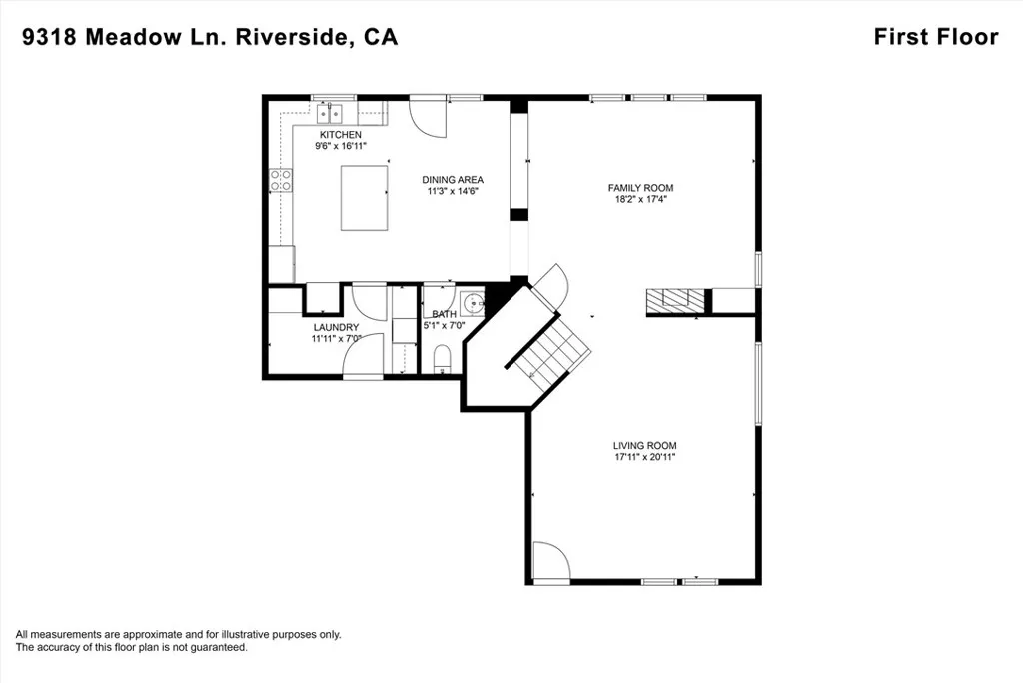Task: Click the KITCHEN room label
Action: coord(340,135)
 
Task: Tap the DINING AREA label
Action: coord(453,180)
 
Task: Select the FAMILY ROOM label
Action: coord(640,188)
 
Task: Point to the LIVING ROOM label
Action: coord(644,446)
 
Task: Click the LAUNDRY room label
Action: coord(336,327)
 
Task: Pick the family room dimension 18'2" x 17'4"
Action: coord(640,199)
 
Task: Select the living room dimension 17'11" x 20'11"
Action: coord(644,457)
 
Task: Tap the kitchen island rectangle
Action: coord(364,198)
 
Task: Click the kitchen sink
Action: coord(330,114)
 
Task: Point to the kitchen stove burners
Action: coord(281,180)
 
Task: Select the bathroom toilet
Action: coord(443,359)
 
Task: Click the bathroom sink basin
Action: coord(473,304)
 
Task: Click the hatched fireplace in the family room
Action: coord(675,301)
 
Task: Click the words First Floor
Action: coord(936,37)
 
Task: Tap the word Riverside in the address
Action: coord(292,37)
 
